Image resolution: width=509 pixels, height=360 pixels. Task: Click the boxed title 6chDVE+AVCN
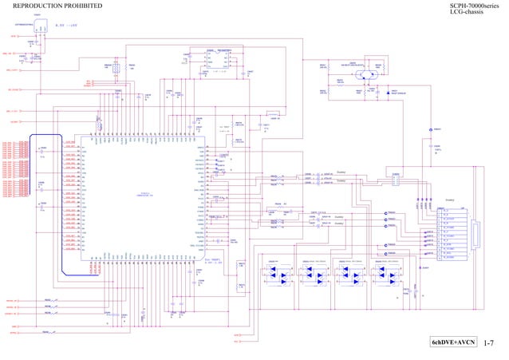452,342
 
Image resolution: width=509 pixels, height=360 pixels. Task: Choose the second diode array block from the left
316,275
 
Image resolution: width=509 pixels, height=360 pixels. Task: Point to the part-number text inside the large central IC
145,194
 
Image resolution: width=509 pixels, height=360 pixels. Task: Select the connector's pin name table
452,236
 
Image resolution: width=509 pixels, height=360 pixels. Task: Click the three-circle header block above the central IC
116,70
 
